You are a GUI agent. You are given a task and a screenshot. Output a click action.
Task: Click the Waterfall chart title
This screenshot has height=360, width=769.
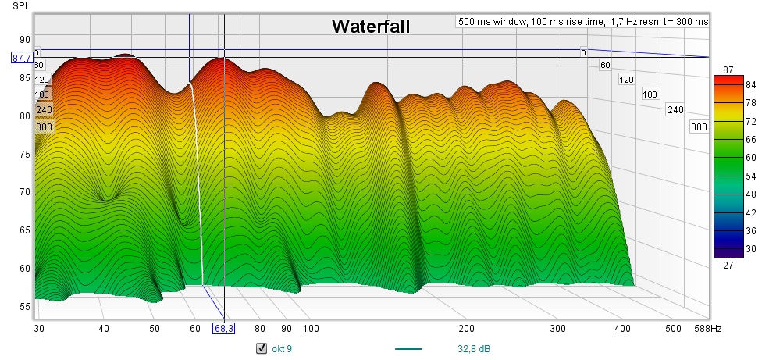tap(370, 27)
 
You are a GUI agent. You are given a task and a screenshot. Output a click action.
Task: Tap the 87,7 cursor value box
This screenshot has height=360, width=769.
tap(21, 57)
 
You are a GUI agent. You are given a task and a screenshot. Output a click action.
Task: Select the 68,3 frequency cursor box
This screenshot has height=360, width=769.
tap(223, 329)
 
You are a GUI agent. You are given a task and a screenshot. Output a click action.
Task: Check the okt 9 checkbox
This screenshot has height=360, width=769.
tap(262, 348)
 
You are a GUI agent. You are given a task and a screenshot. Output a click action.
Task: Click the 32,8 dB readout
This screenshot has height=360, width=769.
tap(474, 348)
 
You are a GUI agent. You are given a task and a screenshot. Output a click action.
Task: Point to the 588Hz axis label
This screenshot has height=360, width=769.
tap(707, 329)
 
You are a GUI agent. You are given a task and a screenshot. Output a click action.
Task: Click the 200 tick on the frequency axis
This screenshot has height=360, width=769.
tap(467, 329)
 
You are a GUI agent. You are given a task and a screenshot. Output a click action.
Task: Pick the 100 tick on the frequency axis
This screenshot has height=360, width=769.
tap(311, 329)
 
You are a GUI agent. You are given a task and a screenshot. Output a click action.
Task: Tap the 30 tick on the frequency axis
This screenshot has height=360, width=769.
tap(39, 329)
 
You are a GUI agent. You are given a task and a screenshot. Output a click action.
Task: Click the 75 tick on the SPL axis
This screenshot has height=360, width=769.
tap(24, 154)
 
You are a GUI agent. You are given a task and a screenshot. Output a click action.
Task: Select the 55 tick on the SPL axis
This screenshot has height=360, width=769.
tap(24, 307)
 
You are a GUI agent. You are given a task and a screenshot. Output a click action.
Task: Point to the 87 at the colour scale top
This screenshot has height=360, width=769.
tap(728, 70)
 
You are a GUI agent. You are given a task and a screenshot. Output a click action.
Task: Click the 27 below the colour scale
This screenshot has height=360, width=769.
tap(728, 266)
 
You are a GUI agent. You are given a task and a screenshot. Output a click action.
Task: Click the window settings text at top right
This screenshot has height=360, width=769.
tap(582, 22)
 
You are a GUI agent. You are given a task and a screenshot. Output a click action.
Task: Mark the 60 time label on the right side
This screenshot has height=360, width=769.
tap(604, 66)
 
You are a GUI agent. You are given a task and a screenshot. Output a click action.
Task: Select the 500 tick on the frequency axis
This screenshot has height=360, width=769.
tap(672, 329)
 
